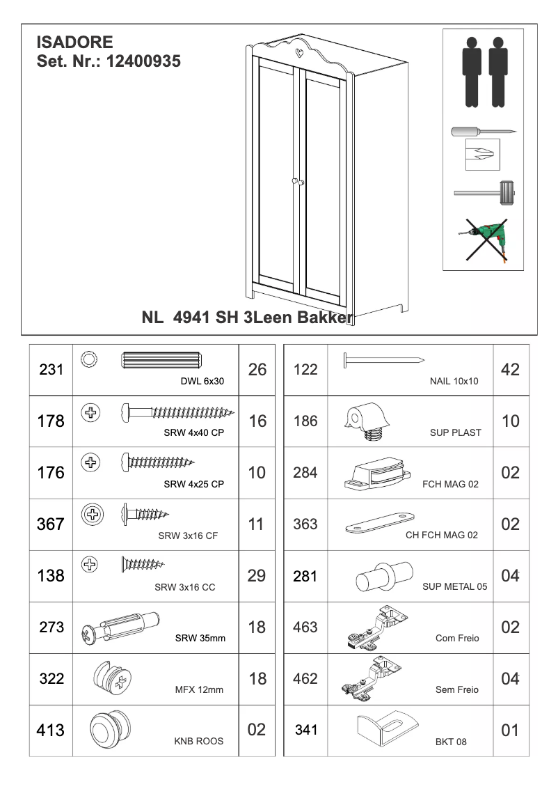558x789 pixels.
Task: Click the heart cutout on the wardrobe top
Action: (298, 50)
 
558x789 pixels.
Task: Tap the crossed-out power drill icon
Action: (484, 237)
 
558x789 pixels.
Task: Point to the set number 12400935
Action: (144, 61)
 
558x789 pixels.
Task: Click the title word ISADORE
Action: (74, 43)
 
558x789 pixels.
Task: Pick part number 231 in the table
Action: (51, 370)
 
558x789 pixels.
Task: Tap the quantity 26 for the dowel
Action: (257, 370)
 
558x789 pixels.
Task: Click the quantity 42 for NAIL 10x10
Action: (510, 370)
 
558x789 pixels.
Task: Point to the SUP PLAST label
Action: (455, 432)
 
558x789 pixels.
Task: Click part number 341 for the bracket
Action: (305, 731)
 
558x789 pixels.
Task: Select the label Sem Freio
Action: (456, 689)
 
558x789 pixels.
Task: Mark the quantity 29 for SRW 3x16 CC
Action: (257, 576)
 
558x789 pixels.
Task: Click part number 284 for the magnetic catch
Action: (305, 473)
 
